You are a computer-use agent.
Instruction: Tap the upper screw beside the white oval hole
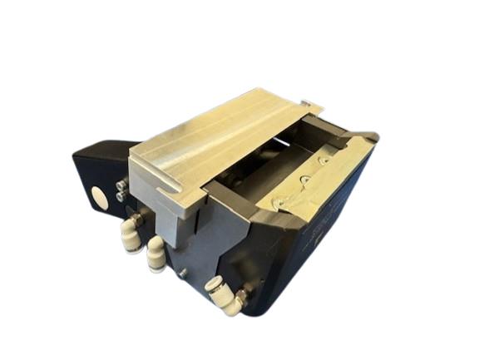(122, 185)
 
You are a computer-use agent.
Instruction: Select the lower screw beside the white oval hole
(123, 196)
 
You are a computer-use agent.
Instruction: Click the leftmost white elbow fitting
(130, 232)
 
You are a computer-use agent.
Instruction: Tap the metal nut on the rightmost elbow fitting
(240, 294)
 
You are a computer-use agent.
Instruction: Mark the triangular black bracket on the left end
(96, 179)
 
